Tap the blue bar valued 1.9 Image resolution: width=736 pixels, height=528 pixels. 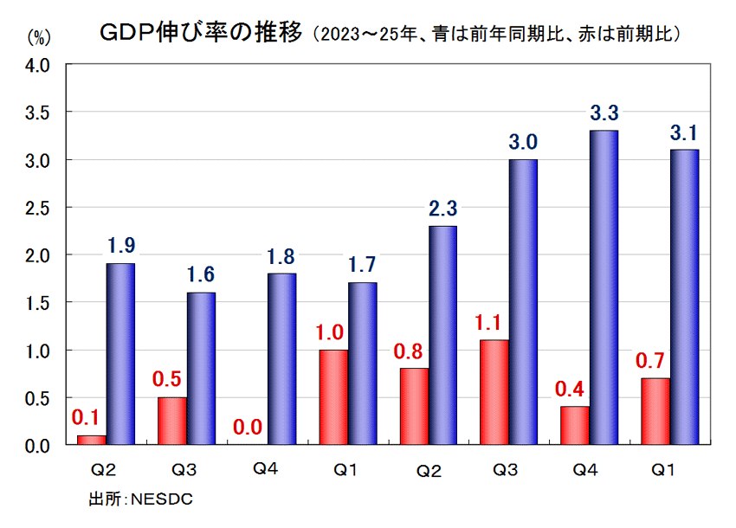[x=120, y=354]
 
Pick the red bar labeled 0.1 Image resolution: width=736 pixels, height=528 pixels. [x=91, y=440]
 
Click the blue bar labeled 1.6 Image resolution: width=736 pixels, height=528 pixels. [x=200, y=368]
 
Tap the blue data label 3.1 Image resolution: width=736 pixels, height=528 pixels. [x=683, y=133]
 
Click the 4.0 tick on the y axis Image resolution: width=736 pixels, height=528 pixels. [x=40, y=65]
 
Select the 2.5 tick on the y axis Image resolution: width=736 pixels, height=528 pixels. [x=40, y=208]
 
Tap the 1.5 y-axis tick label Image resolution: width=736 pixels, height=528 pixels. [x=40, y=303]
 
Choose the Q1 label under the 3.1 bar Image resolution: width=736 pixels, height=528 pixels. [x=664, y=470]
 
